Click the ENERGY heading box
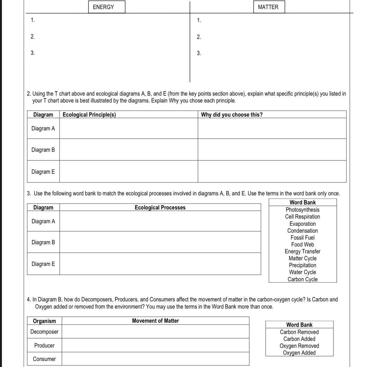coord(103,7)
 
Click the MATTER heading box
coord(268,7)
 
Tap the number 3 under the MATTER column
coord(199,53)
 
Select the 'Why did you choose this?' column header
coord(232,114)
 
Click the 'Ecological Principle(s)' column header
coord(89,114)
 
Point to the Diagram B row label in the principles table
coord(43,150)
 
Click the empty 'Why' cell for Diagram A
coord(272,128)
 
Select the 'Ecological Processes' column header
coord(160,207)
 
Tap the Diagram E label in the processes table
coord(43,264)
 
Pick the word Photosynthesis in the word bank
coord(302,210)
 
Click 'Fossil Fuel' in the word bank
coord(302,237)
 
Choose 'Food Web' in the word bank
coord(302,244)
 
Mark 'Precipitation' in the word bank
coord(302,265)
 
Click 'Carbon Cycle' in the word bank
coord(302,279)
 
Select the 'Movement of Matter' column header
coord(155,321)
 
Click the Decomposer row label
coord(44,332)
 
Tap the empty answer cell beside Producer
coord(155,345)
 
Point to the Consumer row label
coord(44,359)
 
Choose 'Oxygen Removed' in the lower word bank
coord(299,346)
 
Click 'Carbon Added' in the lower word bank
coord(299,339)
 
